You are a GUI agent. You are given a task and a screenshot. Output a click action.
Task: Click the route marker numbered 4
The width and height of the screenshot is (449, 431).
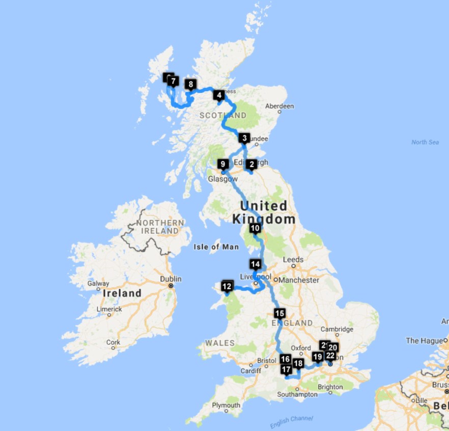tap(219, 95)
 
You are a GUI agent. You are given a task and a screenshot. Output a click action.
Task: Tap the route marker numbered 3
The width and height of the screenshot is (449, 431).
tap(244, 138)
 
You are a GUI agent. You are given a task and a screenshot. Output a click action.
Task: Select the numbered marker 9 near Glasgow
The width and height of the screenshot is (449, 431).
tap(222, 164)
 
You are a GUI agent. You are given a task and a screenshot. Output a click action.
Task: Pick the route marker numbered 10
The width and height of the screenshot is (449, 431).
tap(255, 228)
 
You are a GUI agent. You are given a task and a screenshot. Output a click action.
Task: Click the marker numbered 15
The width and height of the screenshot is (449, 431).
tap(279, 313)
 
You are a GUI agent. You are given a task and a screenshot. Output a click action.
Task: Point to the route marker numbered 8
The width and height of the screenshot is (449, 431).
tap(190, 85)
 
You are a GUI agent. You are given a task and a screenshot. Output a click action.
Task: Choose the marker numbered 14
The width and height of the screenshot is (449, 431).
tap(255, 264)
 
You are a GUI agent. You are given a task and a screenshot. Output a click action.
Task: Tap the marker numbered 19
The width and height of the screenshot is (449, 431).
tap(318, 357)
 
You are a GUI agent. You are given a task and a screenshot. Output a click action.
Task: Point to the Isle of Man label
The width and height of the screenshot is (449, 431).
tap(216, 247)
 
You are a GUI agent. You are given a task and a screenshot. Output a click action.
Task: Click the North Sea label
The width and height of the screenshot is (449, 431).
tap(425, 142)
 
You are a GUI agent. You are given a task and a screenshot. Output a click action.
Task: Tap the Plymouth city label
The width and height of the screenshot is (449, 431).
tap(226, 406)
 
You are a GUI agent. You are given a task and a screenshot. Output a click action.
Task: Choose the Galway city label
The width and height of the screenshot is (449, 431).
tap(97, 283)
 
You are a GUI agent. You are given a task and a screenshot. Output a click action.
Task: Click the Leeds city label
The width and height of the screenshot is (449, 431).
tap(293, 260)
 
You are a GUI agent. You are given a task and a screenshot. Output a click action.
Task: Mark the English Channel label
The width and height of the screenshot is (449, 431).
tap(291, 421)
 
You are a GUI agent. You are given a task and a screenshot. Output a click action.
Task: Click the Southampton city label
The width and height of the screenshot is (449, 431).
tap(298, 394)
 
